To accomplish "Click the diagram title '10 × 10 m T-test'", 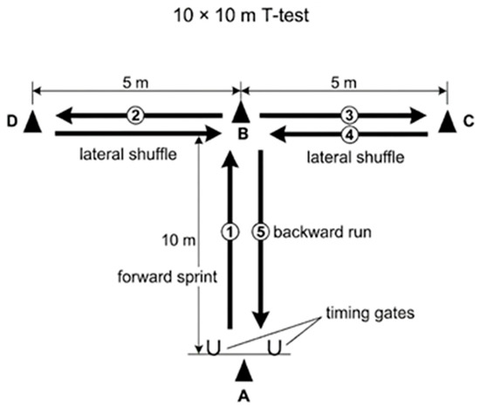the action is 241,16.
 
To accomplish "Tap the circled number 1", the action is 230,232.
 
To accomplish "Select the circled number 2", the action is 135,115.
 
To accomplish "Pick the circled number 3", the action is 349,115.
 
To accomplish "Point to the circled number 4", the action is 349,135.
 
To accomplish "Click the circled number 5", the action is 261,232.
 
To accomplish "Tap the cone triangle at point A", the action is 244,370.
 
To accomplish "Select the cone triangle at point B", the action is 241,113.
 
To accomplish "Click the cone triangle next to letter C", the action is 447,121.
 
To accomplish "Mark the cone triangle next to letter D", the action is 32,121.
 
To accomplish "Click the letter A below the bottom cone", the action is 244,396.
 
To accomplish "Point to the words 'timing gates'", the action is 370,314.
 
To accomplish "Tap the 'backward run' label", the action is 322,232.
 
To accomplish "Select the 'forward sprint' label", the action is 168,277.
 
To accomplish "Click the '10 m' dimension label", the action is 178,240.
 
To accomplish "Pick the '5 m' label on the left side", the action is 135,83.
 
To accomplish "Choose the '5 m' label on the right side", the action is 344,83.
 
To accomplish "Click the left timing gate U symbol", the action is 213,348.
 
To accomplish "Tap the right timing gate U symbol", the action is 274,348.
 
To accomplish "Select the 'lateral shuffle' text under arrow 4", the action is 355,157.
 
